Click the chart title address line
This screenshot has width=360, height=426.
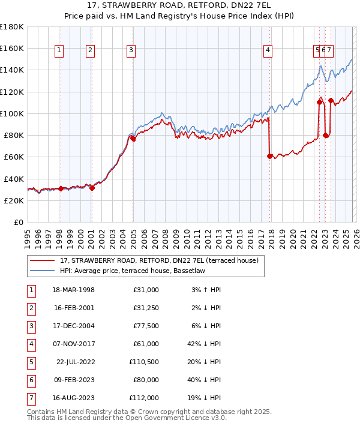(x=180, y=7)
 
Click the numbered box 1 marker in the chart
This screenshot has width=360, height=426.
(x=60, y=51)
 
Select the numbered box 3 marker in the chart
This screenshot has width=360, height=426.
(x=131, y=51)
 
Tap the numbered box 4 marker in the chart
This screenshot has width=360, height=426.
(x=268, y=51)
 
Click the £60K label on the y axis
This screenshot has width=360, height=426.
(x=13, y=157)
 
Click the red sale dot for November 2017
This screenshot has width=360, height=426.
(x=269, y=156)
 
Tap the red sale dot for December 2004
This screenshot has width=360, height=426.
(x=133, y=138)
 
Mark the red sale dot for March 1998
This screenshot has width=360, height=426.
(x=61, y=188)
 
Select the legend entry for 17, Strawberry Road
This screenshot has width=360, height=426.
(x=159, y=260)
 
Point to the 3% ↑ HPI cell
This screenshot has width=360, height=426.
(x=206, y=289)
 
